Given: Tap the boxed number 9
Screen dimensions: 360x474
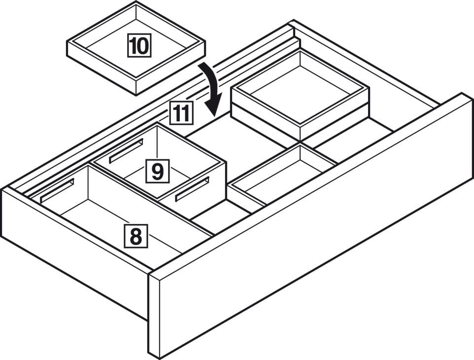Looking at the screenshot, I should coord(157,171).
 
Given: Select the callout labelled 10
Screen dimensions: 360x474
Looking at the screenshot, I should coord(139,46).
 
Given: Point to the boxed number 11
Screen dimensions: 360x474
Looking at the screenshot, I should coord(181,113).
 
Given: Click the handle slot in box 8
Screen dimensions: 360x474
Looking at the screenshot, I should coord(57,191).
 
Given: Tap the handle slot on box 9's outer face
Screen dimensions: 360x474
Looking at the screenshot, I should coord(192,189).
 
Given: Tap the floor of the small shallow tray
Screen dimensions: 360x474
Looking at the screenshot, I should coord(276,182).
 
